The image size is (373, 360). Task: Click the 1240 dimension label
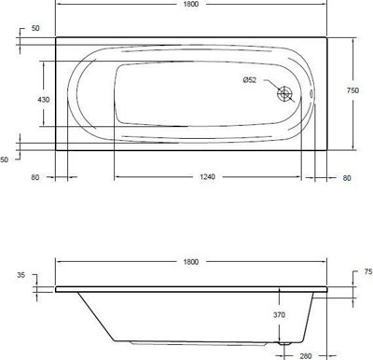pos(207,177)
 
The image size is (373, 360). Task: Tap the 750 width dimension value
pos(352,90)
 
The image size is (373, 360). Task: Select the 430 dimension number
pos(43,100)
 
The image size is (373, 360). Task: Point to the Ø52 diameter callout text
pos(250,80)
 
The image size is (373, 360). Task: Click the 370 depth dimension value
pos(279,315)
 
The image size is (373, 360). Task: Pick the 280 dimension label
pos(306,356)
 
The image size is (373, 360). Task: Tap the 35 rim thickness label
pos(21,275)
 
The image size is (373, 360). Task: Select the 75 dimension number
pos(368,271)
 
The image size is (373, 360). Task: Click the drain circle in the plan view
pos(284,93)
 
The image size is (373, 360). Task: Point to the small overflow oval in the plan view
pos(311,93)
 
